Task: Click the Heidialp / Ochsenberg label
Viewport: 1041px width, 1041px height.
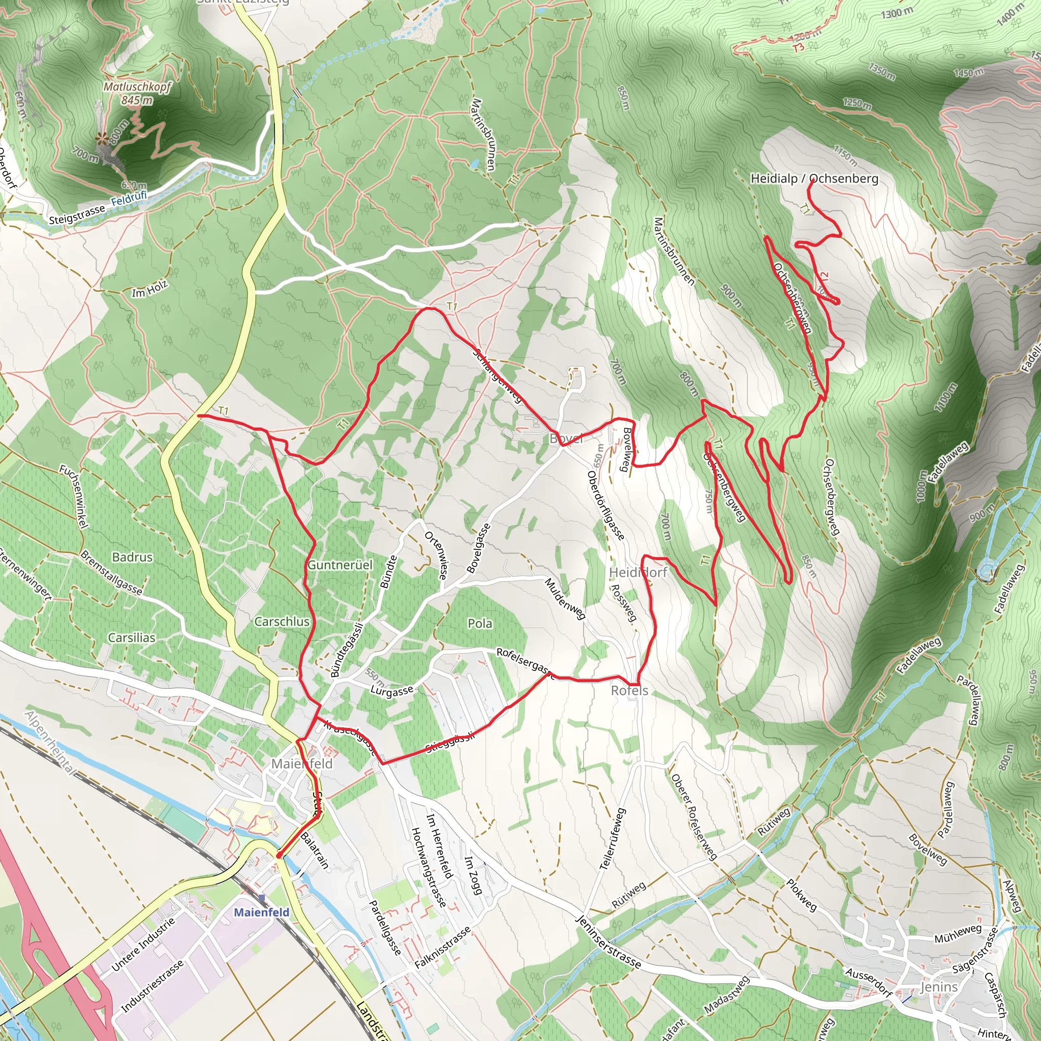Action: click(x=814, y=178)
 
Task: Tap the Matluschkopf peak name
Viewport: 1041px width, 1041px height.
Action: click(x=137, y=87)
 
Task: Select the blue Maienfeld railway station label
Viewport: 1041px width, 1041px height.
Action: click(x=261, y=912)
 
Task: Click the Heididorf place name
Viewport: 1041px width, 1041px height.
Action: click(x=638, y=572)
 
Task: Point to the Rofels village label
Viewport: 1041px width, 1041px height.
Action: click(x=629, y=690)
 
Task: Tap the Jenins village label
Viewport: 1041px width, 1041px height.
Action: click(x=939, y=987)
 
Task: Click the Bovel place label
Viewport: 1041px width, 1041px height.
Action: click(x=566, y=439)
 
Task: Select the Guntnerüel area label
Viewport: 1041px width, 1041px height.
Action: click(x=340, y=565)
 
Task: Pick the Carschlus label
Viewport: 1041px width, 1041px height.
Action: click(x=282, y=621)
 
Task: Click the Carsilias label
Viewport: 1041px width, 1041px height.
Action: click(x=132, y=637)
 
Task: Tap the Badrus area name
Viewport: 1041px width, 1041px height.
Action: click(x=132, y=557)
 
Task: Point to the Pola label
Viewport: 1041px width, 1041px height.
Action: click(x=479, y=623)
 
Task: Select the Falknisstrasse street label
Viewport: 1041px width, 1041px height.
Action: click(x=443, y=946)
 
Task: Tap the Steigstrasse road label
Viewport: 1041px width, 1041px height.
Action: click(x=77, y=215)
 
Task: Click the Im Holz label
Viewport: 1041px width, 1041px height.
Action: click(x=149, y=289)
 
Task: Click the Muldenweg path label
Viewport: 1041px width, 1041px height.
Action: click(x=565, y=599)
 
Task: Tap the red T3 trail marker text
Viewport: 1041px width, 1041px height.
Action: click(x=798, y=47)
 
